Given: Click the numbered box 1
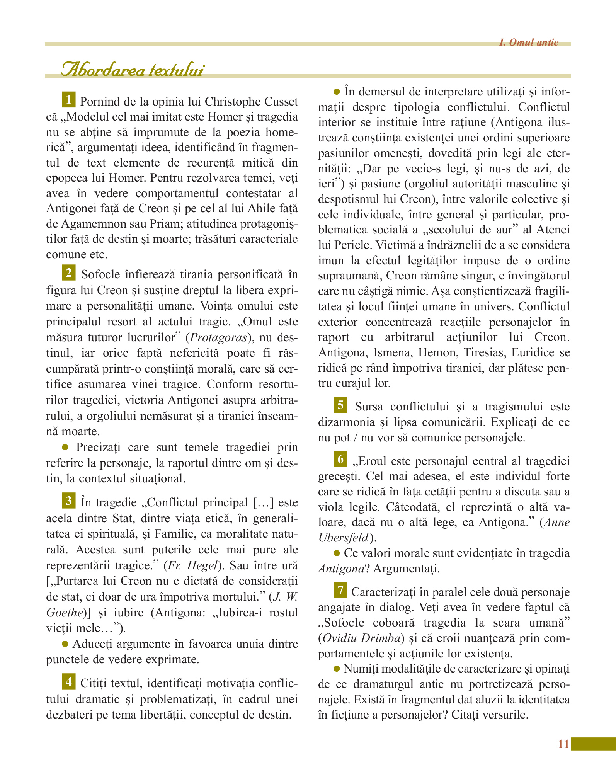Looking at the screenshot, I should (x=68, y=100).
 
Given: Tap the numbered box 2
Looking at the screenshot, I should (x=68, y=273).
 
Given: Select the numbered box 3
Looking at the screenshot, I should (x=68, y=501).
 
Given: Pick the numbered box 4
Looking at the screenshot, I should (x=68, y=682).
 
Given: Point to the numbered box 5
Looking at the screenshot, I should (x=340, y=405).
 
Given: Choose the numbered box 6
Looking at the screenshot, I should (x=340, y=459).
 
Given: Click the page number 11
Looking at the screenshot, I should (x=563, y=744).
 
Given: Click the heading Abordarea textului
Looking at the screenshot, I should (x=133, y=70).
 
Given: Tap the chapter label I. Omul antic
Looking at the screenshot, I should (x=528, y=42).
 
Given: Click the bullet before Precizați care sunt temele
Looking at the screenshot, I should (x=65, y=447).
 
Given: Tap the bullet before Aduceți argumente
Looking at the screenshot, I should (x=65, y=644).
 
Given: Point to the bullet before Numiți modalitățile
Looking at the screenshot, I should (x=337, y=669).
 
